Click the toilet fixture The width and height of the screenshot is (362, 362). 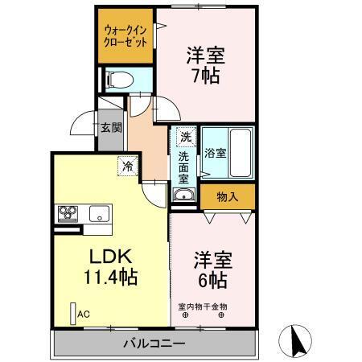tap(120, 80)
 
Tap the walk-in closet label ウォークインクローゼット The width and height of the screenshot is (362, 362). tap(125, 37)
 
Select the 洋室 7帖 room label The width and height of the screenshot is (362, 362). tap(205, 65)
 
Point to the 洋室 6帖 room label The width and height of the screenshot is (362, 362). tap(210, 270)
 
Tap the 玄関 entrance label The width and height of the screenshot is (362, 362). tap(111, 127)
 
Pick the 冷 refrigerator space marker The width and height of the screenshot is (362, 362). tap(127, 166)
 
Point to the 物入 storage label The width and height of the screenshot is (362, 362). tap(228, 195)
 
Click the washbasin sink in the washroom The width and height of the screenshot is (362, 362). tap(183, 195)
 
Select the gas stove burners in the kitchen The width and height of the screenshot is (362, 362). tap(67, 213)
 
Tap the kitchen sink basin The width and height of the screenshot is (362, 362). tap(100, 214)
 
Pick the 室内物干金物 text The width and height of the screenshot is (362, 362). tap(203, 306)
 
